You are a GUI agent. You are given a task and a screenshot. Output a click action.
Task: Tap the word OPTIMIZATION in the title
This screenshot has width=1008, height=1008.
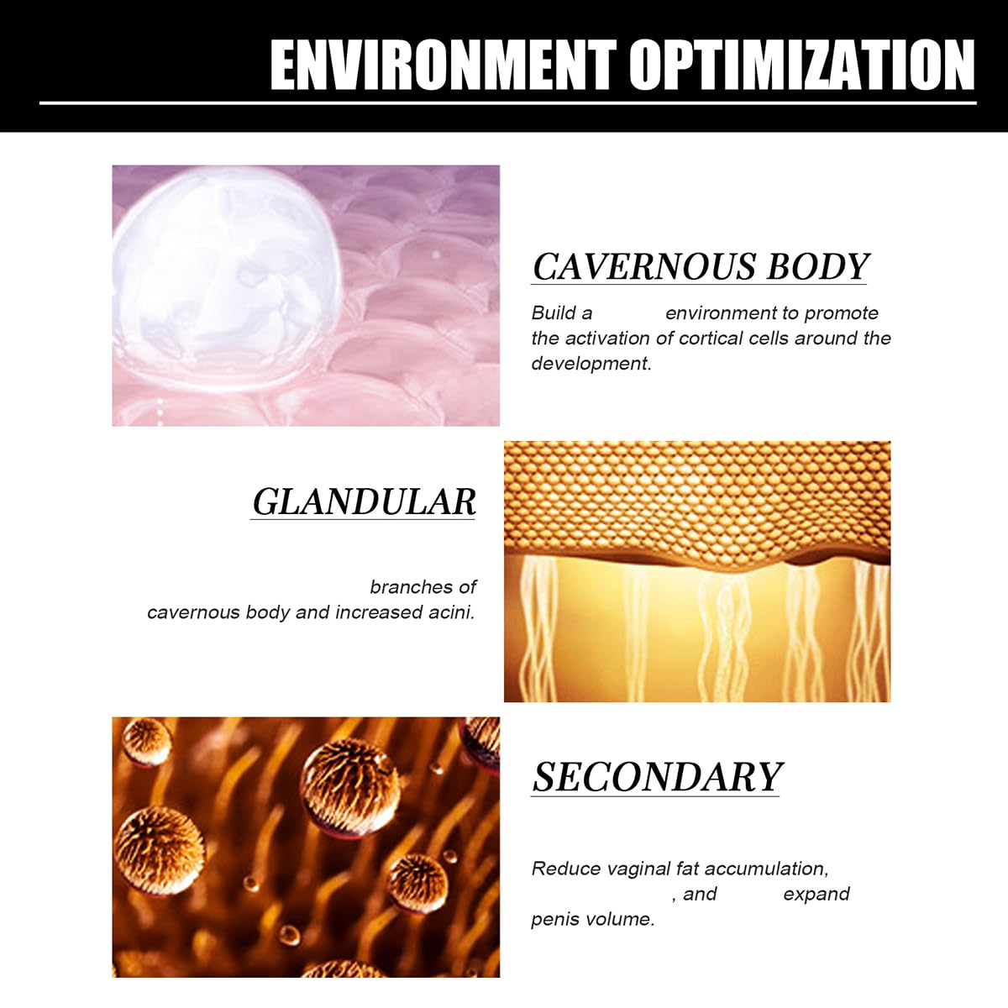(802, 65)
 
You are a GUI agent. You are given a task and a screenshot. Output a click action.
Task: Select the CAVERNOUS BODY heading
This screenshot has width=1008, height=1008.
(700, 267)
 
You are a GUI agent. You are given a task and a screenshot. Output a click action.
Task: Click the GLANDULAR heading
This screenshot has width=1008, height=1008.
(364, 501)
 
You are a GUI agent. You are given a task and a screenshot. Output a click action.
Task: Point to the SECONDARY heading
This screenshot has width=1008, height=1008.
(657, 777)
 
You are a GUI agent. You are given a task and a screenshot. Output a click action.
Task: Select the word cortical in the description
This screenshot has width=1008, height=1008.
(711, 338)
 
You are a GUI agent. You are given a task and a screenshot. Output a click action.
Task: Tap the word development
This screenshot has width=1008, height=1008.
(591, 364)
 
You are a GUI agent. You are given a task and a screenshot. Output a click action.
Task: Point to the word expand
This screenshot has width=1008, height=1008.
(816, 895)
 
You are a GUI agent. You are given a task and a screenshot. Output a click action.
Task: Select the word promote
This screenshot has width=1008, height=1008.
(841, 314)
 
